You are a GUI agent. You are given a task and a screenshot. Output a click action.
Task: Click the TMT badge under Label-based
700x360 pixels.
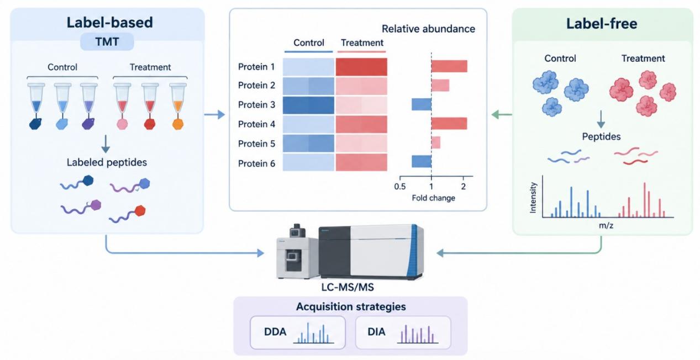(x=107, y=41)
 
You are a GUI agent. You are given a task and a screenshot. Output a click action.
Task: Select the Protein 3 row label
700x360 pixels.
(x=256, y=104)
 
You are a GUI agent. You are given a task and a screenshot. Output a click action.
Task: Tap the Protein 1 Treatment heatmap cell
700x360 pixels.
(x=361, y=67)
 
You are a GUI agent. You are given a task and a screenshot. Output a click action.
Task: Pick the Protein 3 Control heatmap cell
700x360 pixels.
(x=308, y=105)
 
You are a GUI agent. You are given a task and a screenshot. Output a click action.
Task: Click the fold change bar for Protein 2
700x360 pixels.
(x=440, y=85)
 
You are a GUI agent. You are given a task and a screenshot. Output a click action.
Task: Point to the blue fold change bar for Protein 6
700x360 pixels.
(x=422, y=161)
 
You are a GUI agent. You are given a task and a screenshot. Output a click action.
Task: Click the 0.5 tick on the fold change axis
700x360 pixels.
(x=400, y=187)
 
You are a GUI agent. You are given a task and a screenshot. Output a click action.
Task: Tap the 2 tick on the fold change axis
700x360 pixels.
(x=463, y=187)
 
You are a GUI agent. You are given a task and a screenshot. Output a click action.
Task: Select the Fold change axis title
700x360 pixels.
(x=434, y=198)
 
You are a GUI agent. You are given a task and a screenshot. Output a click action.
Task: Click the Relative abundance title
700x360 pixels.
(x=428, y=29)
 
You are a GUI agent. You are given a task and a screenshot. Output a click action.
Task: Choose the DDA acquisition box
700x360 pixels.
(x=298, y=332)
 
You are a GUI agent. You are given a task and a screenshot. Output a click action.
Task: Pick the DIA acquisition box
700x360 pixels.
(x=403, y=332)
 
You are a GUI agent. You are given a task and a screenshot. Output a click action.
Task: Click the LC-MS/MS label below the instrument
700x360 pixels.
(x=348, y=287)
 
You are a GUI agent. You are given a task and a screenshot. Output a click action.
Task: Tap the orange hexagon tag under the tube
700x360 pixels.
(x=178, y=124)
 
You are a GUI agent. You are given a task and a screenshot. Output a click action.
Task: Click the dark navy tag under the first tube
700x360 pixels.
(x=35, y=124)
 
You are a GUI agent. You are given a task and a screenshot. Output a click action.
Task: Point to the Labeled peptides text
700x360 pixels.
(x=107, y=162)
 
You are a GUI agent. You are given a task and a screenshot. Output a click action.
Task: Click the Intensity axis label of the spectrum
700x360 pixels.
(x=533, y=198)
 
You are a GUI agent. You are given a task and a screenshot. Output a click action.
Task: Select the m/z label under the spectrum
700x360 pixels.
(x=606, y=225)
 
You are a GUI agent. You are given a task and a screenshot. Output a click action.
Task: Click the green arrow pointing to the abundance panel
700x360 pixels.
(x=502, y=115)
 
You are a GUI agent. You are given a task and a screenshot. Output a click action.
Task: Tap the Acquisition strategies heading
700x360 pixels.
(x=351, y=306)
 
